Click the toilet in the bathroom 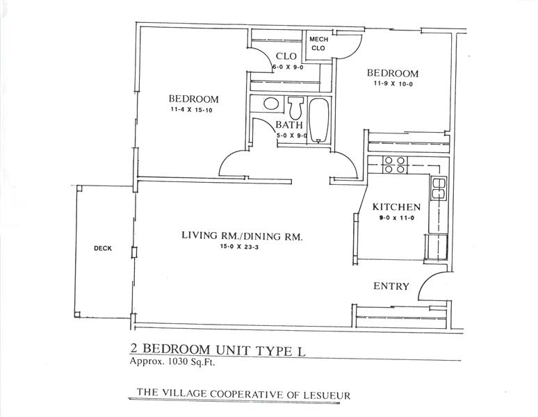(x=295, y=107)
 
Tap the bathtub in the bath (x=319, y=120)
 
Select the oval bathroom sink (x=271, y=104)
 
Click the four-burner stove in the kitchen (x=395, y=165)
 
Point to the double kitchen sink (x=439, y=188)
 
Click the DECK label (x=103, y=249)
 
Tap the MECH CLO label (x=318, y=44)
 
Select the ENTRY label (x=391, y=286)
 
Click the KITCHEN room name (x=396, y=207)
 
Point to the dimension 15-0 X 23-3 (x=240, y=247)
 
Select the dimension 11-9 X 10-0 (x=393, y=83)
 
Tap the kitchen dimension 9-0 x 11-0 (x=396, y=218)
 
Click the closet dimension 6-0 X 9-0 (x=288, y=67)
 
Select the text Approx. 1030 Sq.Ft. (x=172, y=362)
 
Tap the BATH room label (x=289, y=125)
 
